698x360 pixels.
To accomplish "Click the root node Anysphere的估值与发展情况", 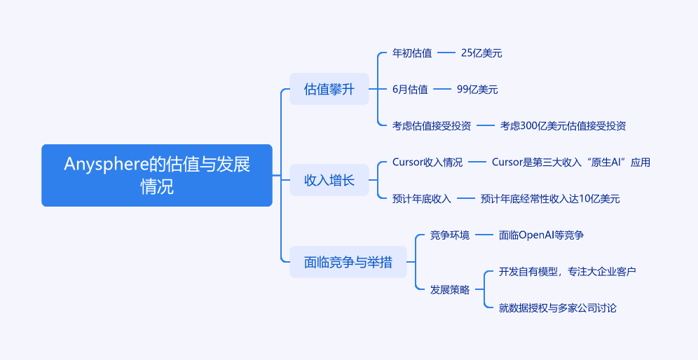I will [x=157, y=175].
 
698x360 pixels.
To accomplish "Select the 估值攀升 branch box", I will [x=329, y=89].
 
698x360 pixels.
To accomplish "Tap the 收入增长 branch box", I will [x=329, y=180].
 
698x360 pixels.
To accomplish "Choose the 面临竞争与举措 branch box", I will [x=348, y=262].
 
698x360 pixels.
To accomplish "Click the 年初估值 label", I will [x=412, y=53].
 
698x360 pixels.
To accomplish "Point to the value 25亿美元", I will [x=481, y=53].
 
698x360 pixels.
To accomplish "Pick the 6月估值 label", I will [x=410, y=89].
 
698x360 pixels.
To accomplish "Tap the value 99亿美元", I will [x=477, y=89].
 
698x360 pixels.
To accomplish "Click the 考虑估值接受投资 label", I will [x=432, y=125].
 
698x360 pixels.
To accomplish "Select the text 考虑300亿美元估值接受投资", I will [x=563, y=125].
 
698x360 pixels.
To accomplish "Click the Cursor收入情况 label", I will [x=427, y=162].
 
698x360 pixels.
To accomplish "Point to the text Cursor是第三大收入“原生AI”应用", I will [x=571, y=162].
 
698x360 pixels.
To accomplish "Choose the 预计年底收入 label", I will [x=422, y=199].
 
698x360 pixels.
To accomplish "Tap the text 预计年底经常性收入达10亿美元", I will [x=550, y=199].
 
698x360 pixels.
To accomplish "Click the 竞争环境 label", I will [x=450, y=235].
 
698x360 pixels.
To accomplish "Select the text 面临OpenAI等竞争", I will [x=542, y=235].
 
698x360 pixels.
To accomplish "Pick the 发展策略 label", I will [x=450, y=289].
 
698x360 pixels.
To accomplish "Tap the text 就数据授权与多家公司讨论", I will [x=558, y=307].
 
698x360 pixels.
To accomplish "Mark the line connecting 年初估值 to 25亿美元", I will [x=446, y=53].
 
